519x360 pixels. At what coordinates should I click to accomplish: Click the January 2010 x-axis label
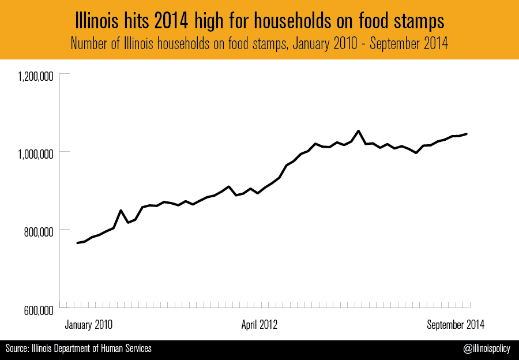89,325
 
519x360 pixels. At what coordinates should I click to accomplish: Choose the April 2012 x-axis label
259,325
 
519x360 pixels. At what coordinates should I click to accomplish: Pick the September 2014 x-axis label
456,325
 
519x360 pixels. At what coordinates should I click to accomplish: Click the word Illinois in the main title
97,21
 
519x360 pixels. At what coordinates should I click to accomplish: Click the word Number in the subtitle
88,43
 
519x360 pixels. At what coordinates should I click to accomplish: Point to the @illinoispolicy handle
487,348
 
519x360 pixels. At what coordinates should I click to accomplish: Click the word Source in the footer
17,348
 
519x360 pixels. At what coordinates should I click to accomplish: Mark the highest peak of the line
358,131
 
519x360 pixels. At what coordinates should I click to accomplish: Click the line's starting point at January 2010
77,243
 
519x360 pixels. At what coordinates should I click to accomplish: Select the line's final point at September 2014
467,134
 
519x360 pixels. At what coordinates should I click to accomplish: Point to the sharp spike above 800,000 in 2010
121,211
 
